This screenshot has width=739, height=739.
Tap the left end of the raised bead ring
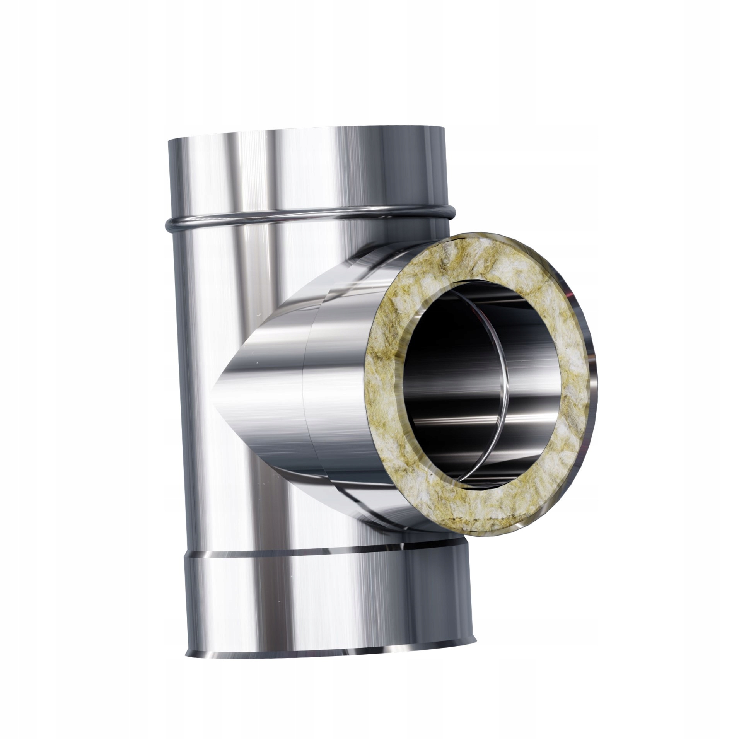pyautogui.click(x=167, y=223)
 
